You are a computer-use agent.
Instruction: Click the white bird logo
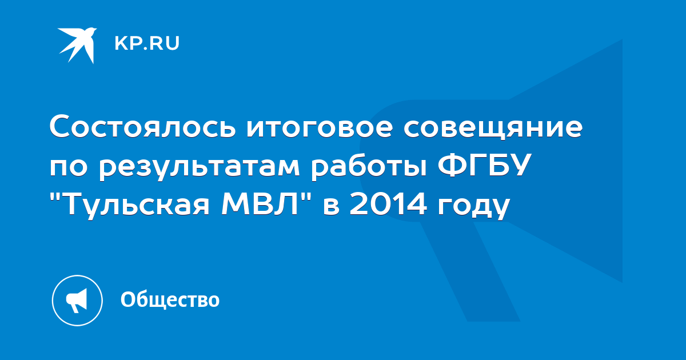[77, 45]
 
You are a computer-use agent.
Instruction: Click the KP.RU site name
[147, 43]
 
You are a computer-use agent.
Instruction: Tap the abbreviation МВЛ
[260, 203]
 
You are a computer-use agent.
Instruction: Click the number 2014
[388, 203]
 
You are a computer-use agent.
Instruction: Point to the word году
[474, 207]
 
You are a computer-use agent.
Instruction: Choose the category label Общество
[170, 299]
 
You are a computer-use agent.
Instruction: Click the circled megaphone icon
[77, 301]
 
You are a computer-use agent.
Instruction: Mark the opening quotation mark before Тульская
[55, 196]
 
